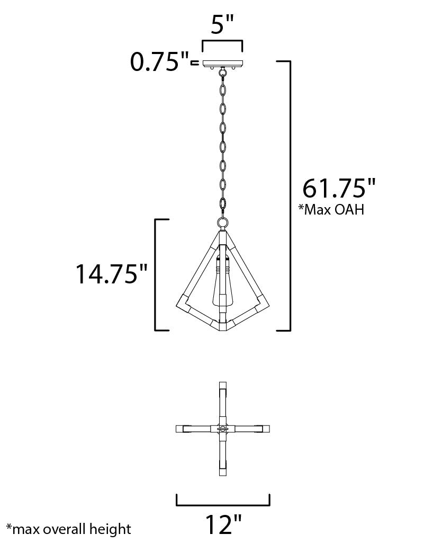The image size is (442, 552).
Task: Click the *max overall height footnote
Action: tap(69, 529)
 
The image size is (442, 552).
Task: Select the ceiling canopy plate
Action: tap(222, 64)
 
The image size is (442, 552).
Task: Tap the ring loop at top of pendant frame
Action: tap(222, 223)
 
